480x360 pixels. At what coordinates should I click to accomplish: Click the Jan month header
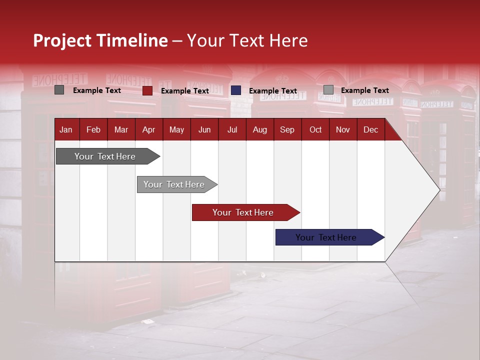(66, 129)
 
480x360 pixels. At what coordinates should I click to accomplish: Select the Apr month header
(148, 129)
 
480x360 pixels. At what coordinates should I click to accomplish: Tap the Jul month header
(232, 129)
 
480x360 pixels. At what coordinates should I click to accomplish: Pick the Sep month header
(287, 129)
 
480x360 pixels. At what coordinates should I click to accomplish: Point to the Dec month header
(370, 129)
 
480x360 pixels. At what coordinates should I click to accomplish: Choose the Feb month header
(93, 129)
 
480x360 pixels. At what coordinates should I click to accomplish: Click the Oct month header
(315, 129)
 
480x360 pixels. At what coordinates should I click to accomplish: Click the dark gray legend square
(59, 90)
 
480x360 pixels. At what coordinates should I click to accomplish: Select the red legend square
(147, 90)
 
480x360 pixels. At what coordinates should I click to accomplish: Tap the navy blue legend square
(236, 90)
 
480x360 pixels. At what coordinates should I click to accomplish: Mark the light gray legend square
(328, 90)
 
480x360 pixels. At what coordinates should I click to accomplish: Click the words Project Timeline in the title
(100, 40)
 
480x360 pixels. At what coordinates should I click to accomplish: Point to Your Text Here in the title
(247, 40)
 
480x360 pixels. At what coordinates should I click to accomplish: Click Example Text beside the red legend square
(185, 91)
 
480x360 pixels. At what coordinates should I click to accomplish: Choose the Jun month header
(204, 129)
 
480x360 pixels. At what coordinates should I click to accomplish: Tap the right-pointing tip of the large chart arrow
(438, 189)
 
